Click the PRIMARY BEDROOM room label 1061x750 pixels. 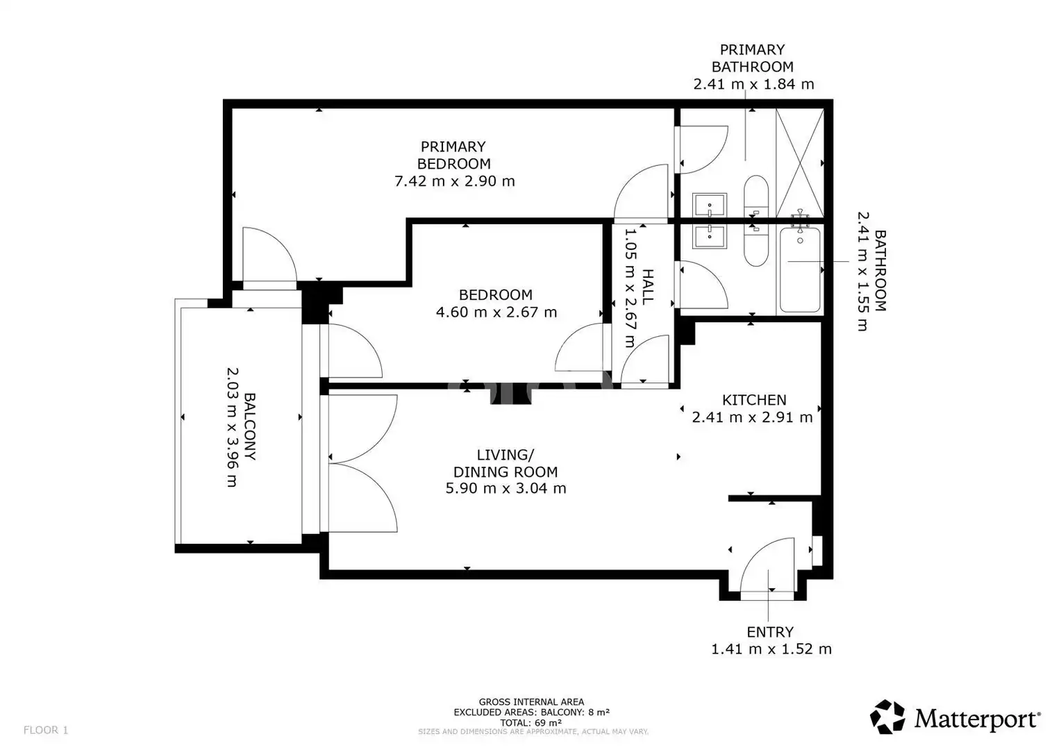click(453, 155)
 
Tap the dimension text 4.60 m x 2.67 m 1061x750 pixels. click(496, 312)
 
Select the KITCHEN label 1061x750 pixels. click(754, 400)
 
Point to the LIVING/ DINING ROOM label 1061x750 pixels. click(506, 463)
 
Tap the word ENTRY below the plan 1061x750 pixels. click(770, 632)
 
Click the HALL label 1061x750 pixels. click(647, 287)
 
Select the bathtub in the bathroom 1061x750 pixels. click(800, 270)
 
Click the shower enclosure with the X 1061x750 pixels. click(800, 162)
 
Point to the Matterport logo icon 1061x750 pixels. click(887, 717)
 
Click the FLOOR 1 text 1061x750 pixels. click(46, 730)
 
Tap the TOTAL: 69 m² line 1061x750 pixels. click(531, 723)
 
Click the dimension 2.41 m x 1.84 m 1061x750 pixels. click(753, 84)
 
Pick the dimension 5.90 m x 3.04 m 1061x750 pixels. click(506, 488)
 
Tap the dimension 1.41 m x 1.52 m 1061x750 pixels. click(771, 649)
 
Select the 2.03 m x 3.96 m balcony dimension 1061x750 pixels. click(232, 427)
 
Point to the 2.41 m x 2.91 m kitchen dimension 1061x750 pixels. click(752, 417)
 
